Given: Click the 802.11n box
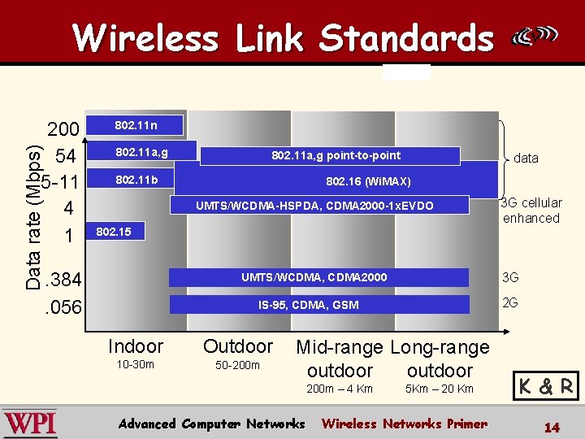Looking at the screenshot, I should coord(136,125).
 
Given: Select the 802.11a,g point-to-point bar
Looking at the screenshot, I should coord(330,155).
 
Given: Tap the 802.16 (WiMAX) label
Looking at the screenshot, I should coord(368,180).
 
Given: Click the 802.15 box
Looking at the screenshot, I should coord(114,233).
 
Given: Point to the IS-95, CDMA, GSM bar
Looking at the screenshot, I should coord(318,305).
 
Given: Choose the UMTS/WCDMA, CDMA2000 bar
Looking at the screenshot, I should coord(318,277).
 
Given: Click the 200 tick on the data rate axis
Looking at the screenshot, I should coord(63,130).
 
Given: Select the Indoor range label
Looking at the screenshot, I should coord(136,346).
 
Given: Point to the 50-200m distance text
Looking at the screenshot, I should coord(237,365).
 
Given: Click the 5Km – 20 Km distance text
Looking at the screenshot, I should coord(440,389).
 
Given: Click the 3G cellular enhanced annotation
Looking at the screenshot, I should coord(532,211).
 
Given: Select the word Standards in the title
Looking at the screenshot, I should coord(406,37).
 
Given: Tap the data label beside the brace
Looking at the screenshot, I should coord(526,158).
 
